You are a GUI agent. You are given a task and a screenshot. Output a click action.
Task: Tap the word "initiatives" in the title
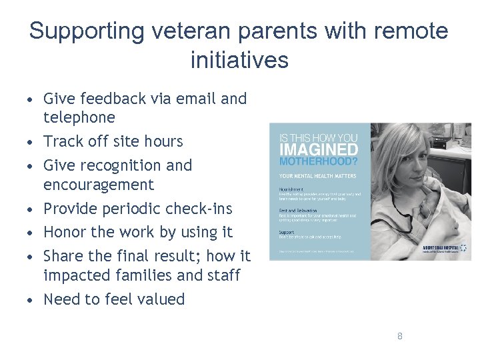[x=239, y=60]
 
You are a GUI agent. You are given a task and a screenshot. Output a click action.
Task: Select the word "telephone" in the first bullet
[x=79, y=118]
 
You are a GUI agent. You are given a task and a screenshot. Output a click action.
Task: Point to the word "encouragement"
[x=99, y=185]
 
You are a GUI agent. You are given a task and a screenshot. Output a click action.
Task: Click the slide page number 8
[x=399, y=336]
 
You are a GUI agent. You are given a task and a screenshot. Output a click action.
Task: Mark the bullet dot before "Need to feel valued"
[x=31, y=300]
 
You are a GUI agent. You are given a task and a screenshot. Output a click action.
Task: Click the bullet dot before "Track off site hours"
[x=31, y=142]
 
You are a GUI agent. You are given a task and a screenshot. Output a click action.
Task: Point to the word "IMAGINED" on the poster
[x=318, y=150]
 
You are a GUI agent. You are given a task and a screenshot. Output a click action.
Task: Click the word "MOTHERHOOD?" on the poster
[x=318, y=162]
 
